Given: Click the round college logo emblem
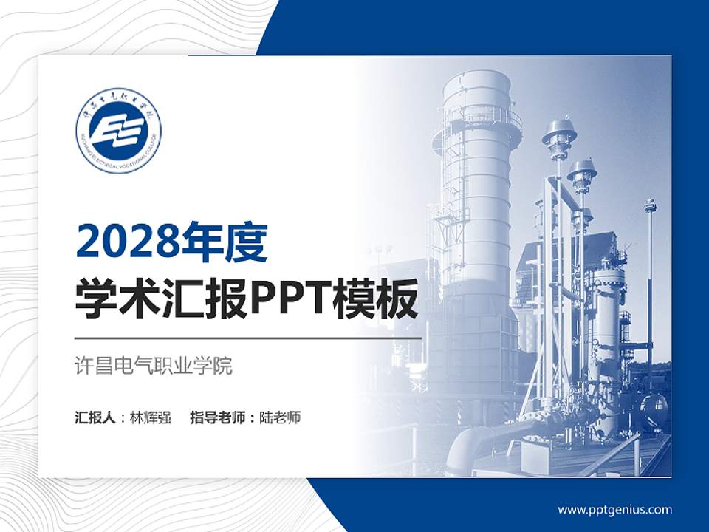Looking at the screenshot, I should pos(118,130).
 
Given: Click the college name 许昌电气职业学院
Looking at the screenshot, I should pos(154,366).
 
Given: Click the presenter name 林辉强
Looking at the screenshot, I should pos(150,417).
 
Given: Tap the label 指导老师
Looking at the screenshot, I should pos(217,417).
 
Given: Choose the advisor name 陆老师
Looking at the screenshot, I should pos(280,417).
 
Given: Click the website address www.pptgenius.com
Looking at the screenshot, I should pos(614,509).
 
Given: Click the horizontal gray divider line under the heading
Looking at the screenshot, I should pos(248,338).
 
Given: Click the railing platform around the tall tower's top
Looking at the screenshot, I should pos(476,118).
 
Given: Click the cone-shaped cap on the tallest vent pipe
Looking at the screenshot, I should pos(559,133).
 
